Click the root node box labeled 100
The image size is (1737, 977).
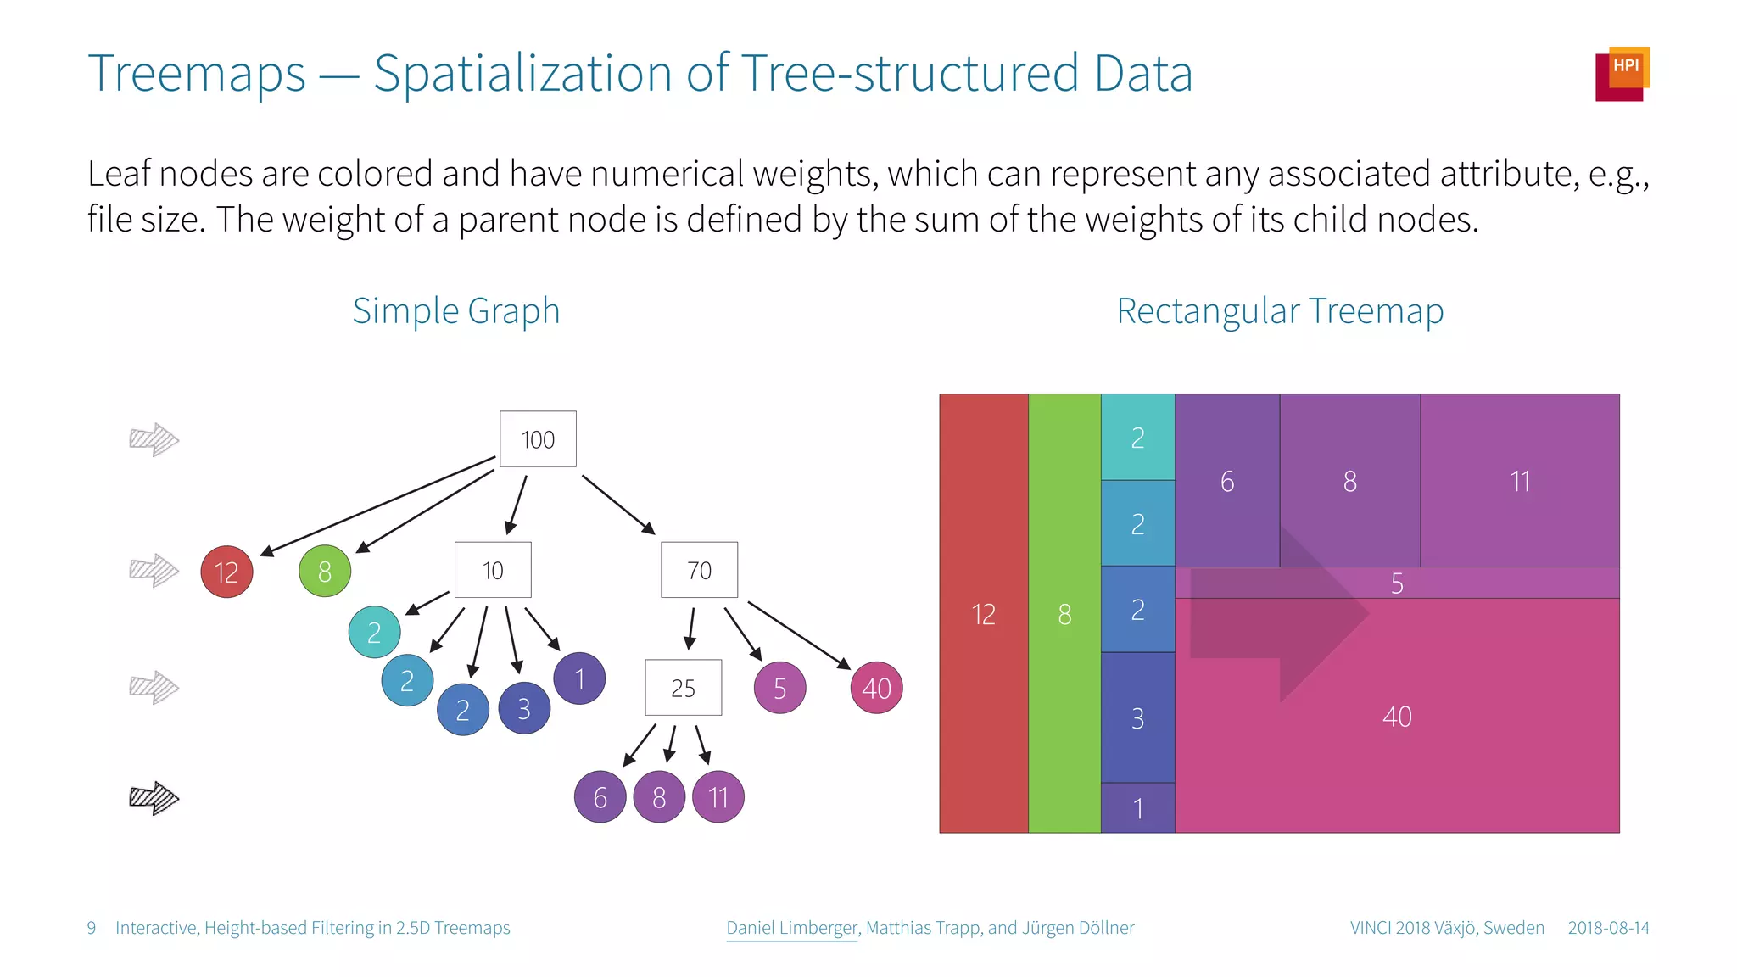point(538,439)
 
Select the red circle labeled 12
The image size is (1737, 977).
point(226,572)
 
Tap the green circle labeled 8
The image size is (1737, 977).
point(325,572)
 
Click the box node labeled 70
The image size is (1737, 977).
point(699,570)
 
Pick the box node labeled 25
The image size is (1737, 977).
point(683,688)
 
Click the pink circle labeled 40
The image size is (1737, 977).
point(876,688)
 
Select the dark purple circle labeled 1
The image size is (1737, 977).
point(579,678)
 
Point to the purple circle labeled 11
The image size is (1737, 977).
point(718,797)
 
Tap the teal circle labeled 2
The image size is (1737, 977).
point(374,632)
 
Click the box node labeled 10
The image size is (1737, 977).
point(493,570)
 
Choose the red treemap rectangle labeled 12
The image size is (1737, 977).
point(983,613)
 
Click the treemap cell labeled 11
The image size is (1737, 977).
point(1519,481)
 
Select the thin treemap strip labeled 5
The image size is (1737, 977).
point(1397,583)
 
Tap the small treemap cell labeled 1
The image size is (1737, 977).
point(1137,807)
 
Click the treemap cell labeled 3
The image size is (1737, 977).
point(1137,717)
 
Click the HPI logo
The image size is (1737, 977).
point(1622,74)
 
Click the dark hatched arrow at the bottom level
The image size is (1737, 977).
point(154,797)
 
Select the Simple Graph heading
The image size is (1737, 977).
point(456,311)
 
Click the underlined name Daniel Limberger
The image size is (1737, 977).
point(792,928)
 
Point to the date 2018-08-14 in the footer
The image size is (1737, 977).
point(1608,928)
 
